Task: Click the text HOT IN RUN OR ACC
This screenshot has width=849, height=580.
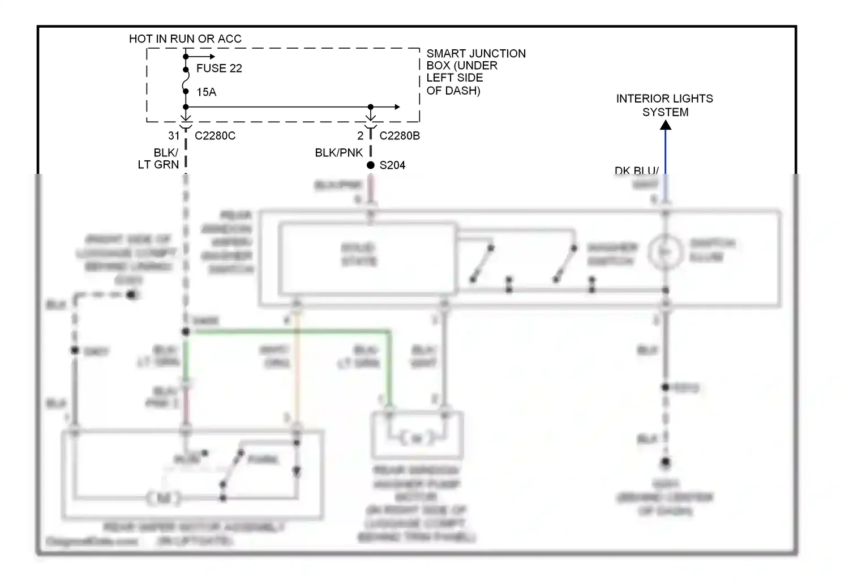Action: tap(185, 39)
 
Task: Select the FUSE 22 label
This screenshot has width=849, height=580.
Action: tap(219, 69)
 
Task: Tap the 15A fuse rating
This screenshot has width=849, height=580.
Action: tap(207, 92)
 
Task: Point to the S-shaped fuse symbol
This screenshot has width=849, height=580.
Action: tap(186, 80)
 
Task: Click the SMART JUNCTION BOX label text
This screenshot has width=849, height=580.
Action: tap(475, 71)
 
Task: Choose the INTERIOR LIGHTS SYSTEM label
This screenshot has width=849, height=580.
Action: tap(664, 105)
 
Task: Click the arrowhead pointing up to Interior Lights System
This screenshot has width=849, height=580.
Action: tap(666, 125)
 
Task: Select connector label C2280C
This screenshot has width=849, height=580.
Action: tap(215, 136)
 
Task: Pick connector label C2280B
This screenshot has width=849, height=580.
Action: tap(400, 136)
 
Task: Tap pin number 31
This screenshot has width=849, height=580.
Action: tap(174, 136)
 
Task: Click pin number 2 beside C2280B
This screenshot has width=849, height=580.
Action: tap(360, 136)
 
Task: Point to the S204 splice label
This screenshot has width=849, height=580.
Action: tap(392, 165)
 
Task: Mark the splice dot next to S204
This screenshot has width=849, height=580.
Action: tap(371, 165)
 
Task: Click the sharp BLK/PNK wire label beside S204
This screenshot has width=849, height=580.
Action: tap(338, 153)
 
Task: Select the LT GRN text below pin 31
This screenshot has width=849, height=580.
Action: tap(158, 165)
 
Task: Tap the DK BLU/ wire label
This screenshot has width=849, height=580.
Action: tap(636, 170)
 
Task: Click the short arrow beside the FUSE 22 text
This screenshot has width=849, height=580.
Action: tap(201, 57)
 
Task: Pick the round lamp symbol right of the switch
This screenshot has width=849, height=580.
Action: tap(665, 251)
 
